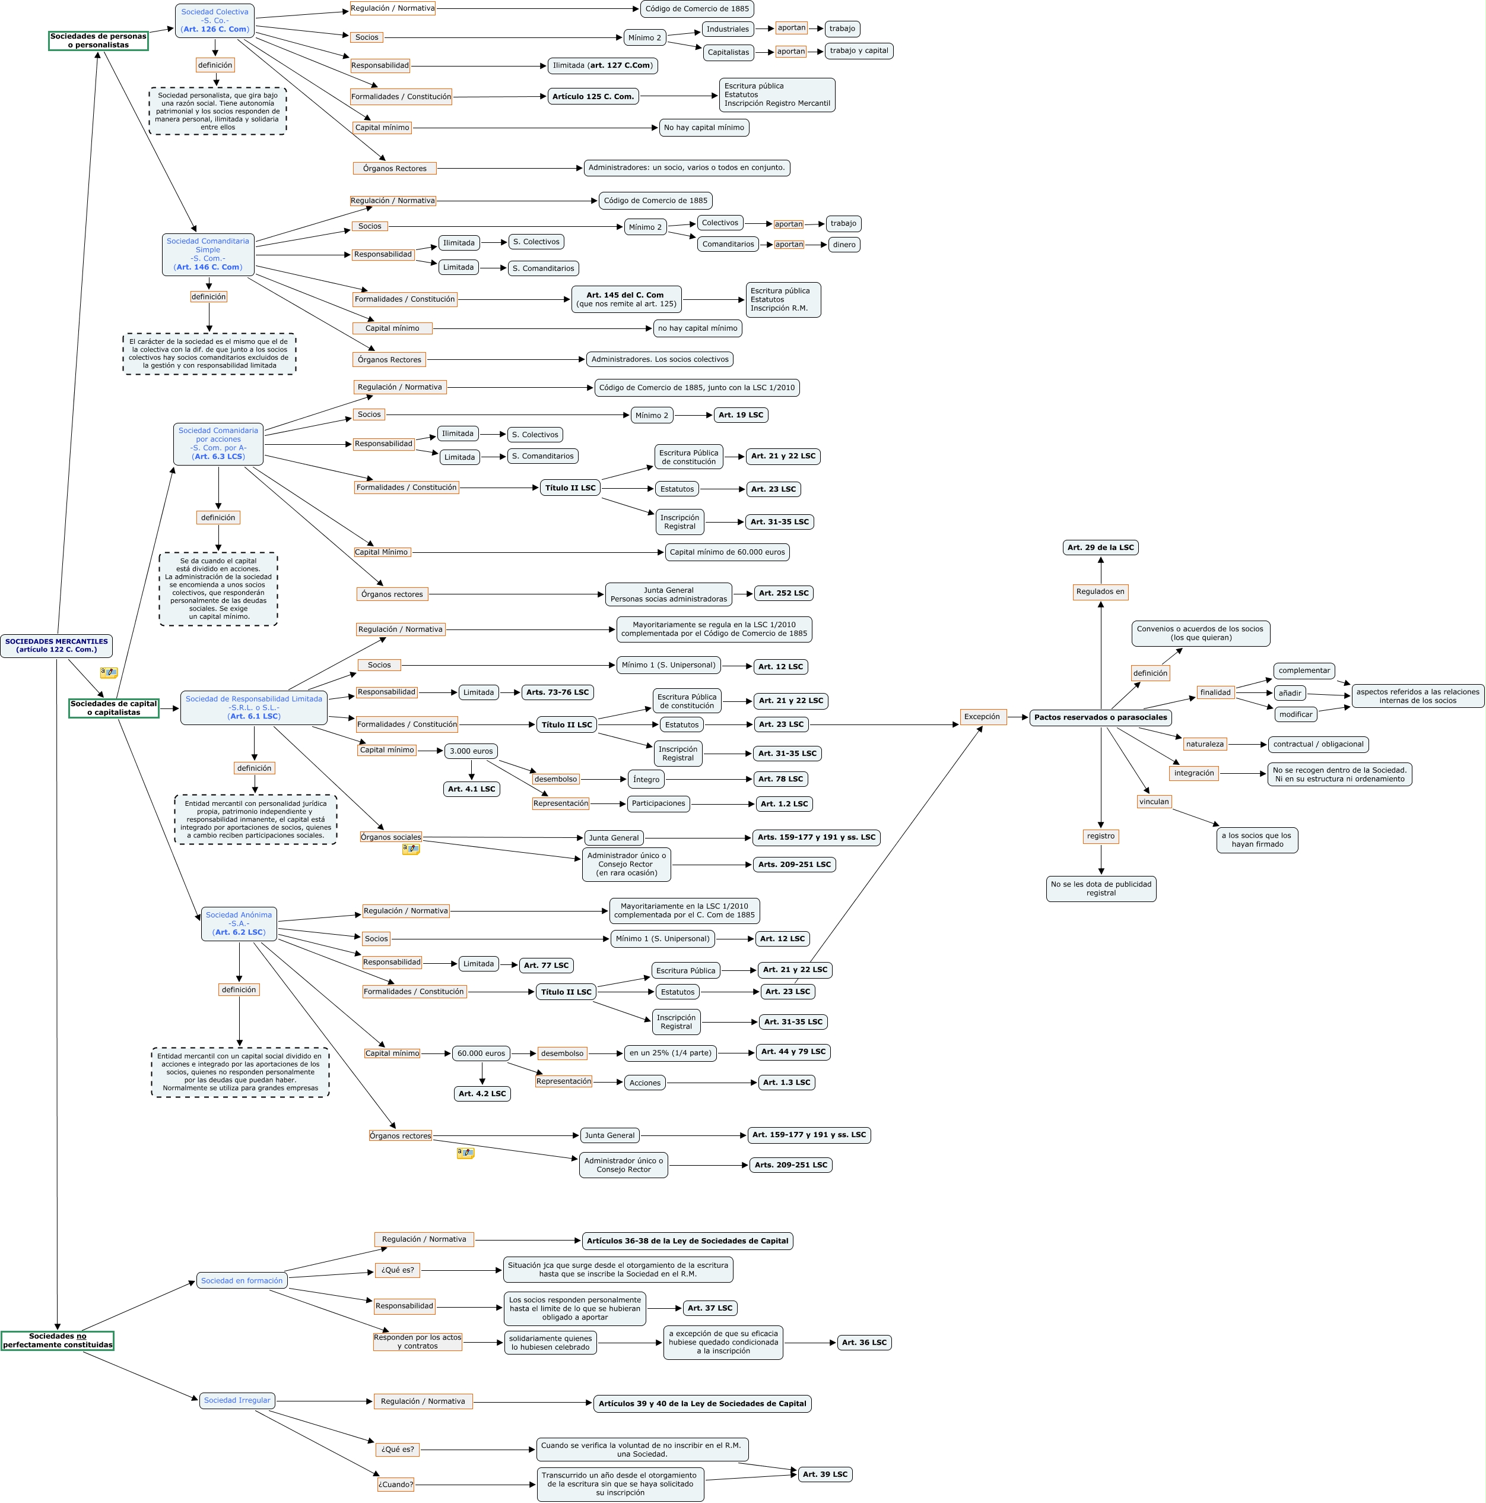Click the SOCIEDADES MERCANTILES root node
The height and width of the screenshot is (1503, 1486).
pyautogui.click(x=56, y=646)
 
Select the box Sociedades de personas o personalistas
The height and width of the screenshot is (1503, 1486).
pyautogui.click(x=98, y=40)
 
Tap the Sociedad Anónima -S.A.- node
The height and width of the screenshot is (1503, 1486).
pyautogui.click(x=239, y=923)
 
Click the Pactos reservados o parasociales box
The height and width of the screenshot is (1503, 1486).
pyautogui.click(x=1100, y=717)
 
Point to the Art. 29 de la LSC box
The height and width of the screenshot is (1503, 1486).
pyautogui.click(x=1100, y=548)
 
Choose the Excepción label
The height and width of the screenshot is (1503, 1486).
pyautogui.click(x=982, y=717)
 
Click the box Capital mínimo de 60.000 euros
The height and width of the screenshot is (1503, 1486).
pyautogui.click(x=727, y=552)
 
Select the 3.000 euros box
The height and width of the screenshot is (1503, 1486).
pyautogui.click(x=471, y=751)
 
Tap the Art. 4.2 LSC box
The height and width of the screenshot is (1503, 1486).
pyautogui.click(x=481, y=1094)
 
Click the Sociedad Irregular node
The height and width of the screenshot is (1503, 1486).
pyautogui.click(x=237, y=1400)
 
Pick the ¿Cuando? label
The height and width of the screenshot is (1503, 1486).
pyautogui.click(x=396, y=1485)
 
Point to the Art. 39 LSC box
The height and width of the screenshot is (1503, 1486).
pyautogui.click(x=824, y=1474)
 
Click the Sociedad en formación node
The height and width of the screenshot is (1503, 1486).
pyautogui.click(x=242, y=1280)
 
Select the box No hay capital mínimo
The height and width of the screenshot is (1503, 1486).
pyautogui.click(x=704, y=128)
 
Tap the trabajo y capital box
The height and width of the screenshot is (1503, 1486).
pyautogui.click(x=859, y=50)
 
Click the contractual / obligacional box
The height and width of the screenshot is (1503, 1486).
pyautogui.click(x=1318, y=745)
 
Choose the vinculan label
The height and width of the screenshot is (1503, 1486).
pyautogui.click(x=1153, y=801)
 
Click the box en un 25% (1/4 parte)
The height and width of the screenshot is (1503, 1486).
pyautogui.click(x=669, y=1053)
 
